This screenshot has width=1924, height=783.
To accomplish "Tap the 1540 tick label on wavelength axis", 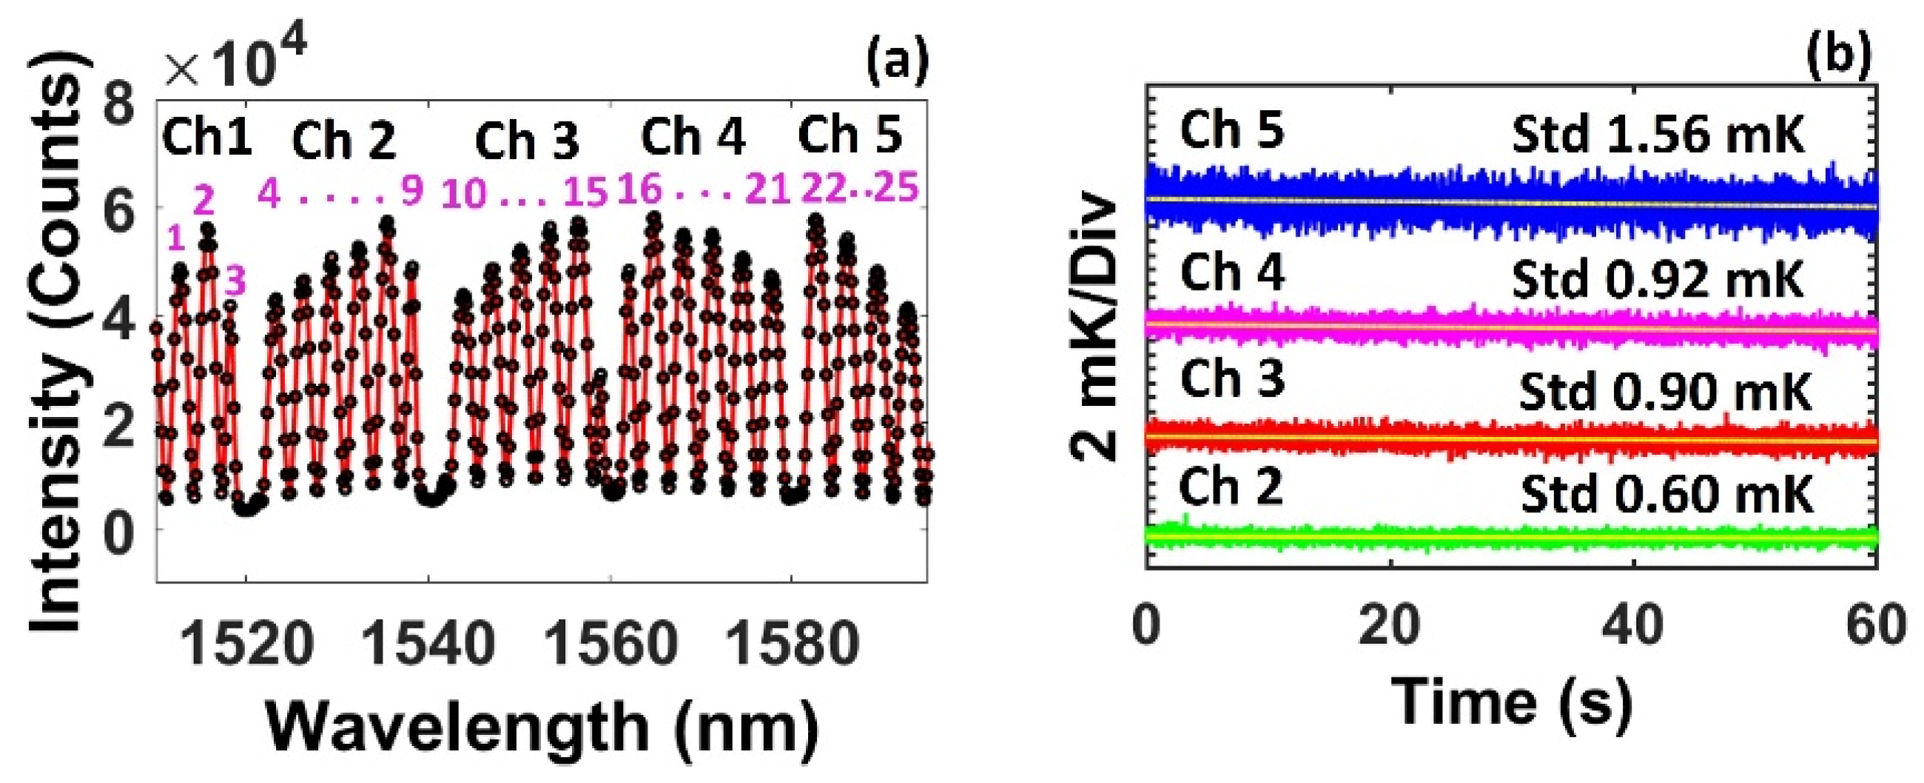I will pyautogui.click(x=428, y=643).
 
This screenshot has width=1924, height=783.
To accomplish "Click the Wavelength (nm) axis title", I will pyautogui.click(x=542, y=728).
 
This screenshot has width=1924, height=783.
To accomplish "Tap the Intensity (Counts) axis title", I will pyautogui.click(x=56, y=343).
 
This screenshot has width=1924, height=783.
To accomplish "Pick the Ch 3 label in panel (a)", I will pyautogui.click(x=527, y=140).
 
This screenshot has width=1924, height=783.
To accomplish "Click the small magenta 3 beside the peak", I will pyautogui.click(x=235, y=282).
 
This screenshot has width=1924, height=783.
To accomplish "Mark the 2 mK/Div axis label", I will pyautogui.click(x=1095, y=328).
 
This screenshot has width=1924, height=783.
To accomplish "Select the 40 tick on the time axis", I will pyautogui.click(x=1633, y=626).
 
